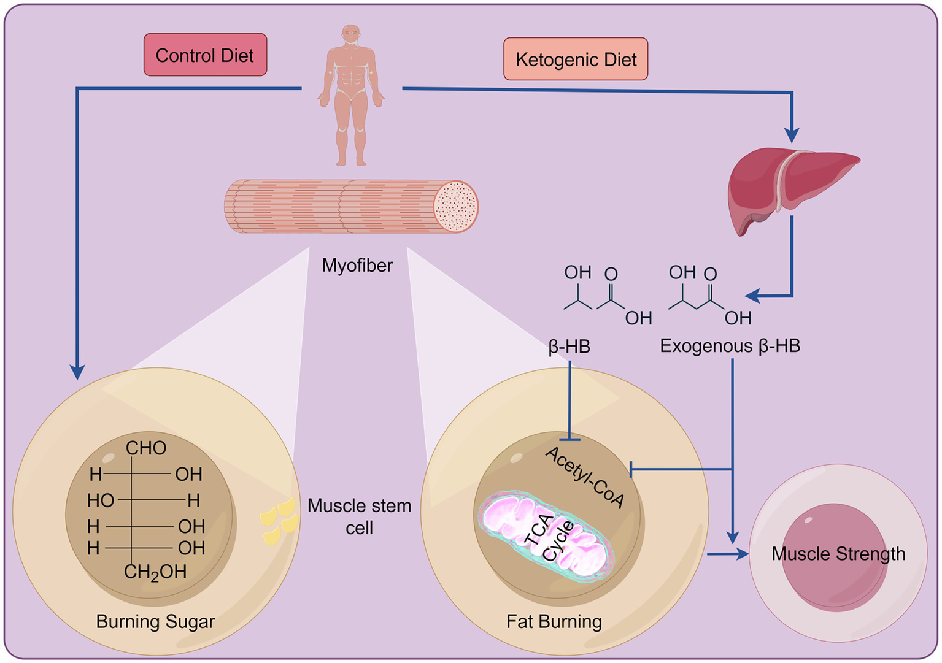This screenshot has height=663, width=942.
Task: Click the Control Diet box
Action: pyautogui.click(x=205, y=55)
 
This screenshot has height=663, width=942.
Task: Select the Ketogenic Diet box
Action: pyautogui.click(x=576, y=59)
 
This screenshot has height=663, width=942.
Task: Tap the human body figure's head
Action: pyautogui.click(x=351, y=34)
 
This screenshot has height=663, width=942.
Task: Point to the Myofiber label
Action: pyautogui.click(x=357, y=266)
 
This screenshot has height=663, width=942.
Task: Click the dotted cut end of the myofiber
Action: pyautogui.click(x=456, y=207)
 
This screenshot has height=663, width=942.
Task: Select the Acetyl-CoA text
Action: pyautogui.click(x=585, y=478)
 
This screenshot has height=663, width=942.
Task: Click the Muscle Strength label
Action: pyautogui.click(x=838, y=554)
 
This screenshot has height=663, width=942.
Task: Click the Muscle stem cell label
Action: pyautogui.click(x=360, y=516)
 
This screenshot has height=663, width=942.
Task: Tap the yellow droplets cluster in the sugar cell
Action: pyautogui.click(x=279, y=522)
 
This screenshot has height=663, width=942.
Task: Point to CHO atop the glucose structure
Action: pyautogui.click(x=146, y=448)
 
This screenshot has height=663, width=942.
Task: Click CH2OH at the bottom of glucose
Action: pyautogui.click(x=155, y=572)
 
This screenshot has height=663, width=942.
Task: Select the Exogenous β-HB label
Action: pyautogui.click(x=730, y=346)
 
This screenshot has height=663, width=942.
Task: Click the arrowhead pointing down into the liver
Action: pyautogui.click(x=792, y=135)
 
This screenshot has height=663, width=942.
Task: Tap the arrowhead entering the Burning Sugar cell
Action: pyautogui.click(x=77, y=372)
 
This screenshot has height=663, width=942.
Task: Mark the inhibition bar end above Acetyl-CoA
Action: pyautogui.click(x=570, y=440)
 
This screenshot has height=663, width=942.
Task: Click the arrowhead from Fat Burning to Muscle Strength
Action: pyautogui.click(x=742, y=554)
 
